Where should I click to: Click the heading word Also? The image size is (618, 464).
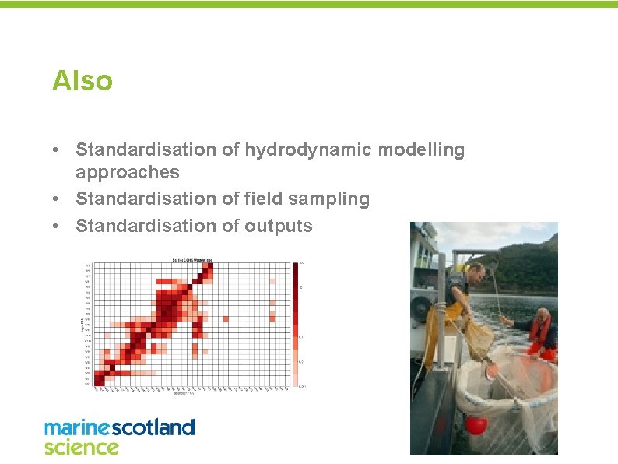(82, 80)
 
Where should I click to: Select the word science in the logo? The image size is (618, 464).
(81, 447)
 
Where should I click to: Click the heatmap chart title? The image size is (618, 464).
(191, 259)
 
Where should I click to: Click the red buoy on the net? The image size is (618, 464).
(476, 425)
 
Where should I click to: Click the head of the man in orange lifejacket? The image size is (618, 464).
(543, 316)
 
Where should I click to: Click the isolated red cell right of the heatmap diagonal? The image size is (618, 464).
(225, 318)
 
